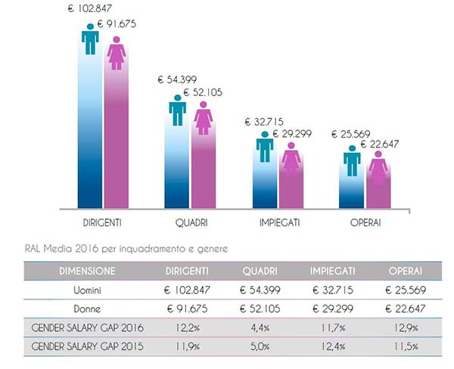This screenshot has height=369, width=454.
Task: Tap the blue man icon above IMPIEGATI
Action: pos(264,147)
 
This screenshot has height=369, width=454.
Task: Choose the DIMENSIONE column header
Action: pos(83,270)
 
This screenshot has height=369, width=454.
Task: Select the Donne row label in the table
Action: pos(83,309)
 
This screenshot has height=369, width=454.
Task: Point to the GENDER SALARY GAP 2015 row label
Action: pos(84,347)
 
